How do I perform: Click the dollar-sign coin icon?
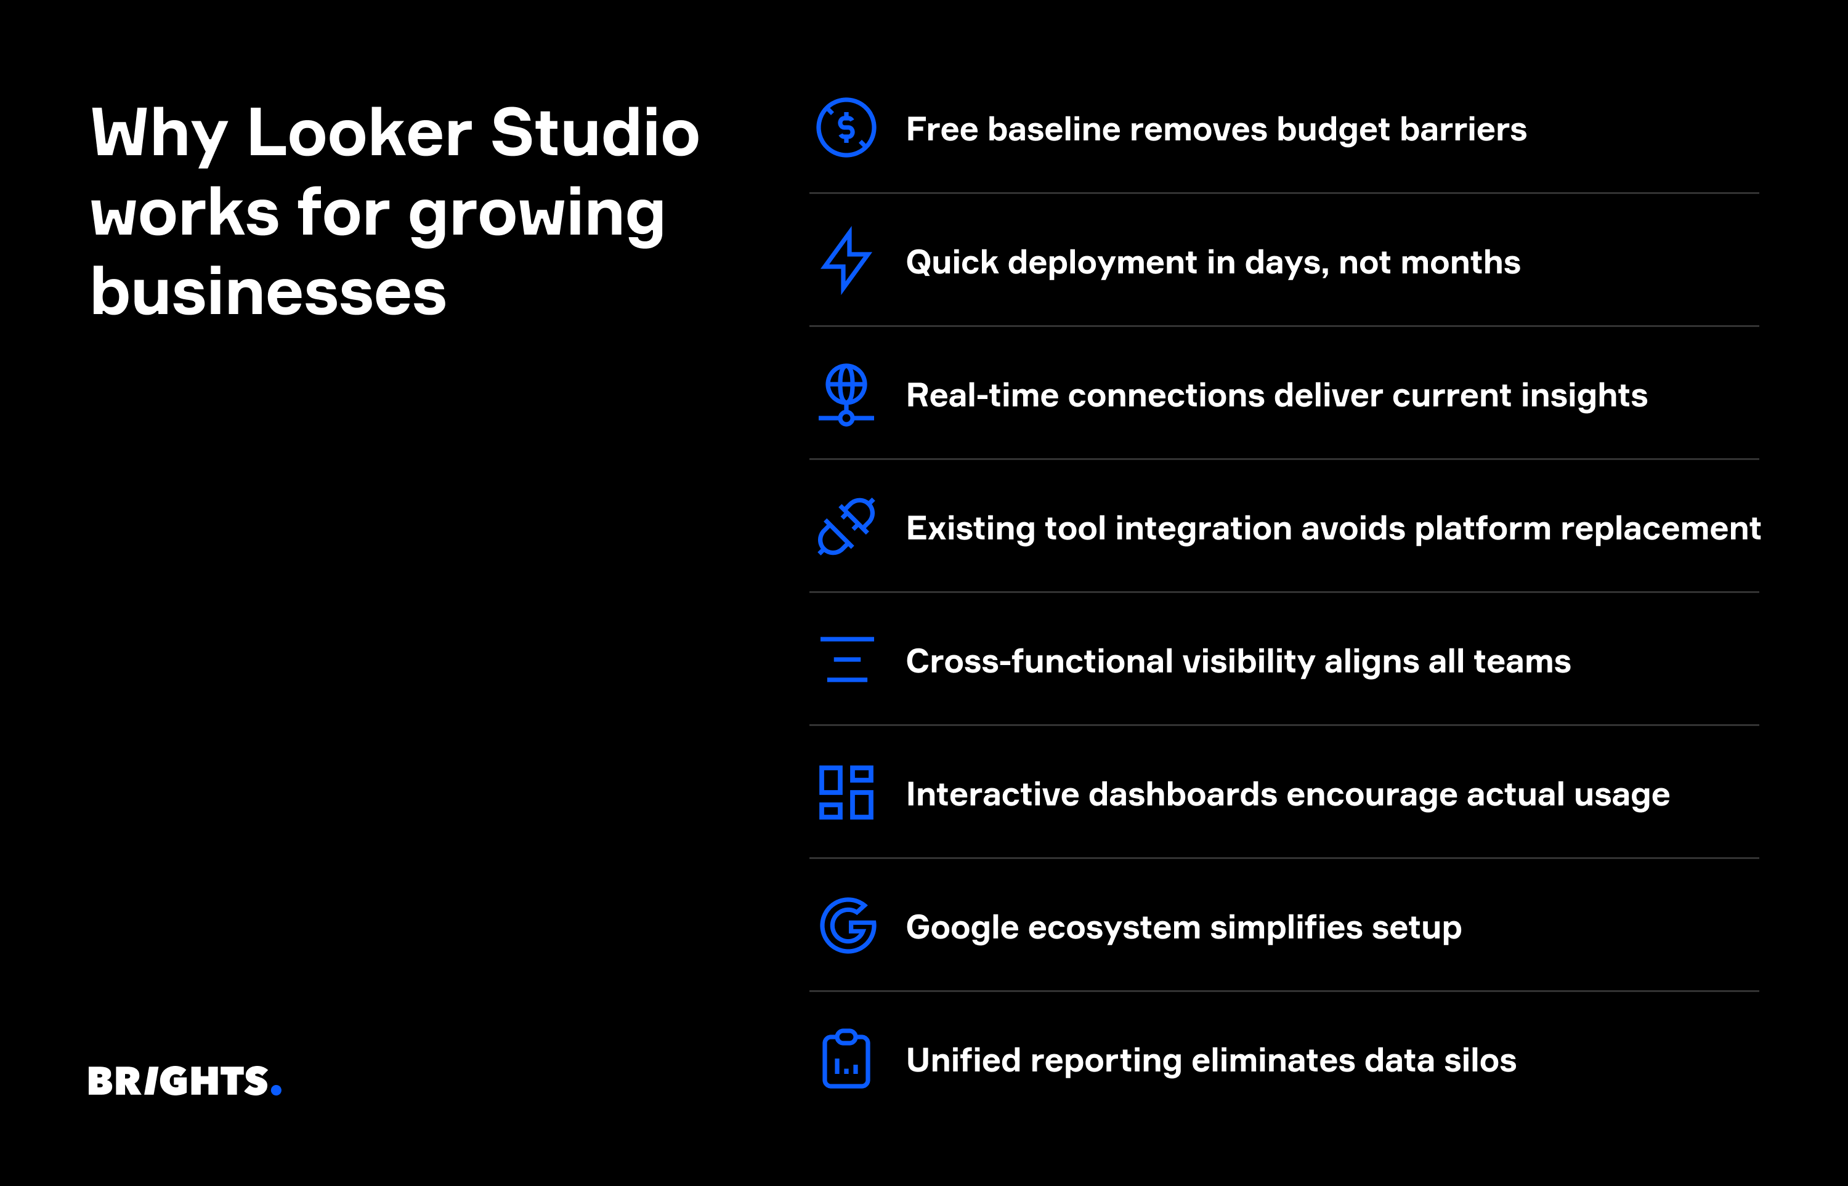coord(846,128)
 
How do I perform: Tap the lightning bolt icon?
coord(846,261)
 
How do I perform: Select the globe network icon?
coord(846,394)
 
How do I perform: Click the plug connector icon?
coord(846,526)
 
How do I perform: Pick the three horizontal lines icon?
coord(846,660)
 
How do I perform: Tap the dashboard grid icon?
coord(846,793)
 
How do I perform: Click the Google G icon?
coord(848,926)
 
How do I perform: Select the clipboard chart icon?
coord(846,1059)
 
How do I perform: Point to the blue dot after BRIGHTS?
coord(277,1090)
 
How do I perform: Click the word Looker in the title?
coord(359,133)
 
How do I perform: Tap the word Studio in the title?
coord(594,133)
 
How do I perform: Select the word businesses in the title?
coord(268,292)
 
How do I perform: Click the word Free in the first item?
coord(942,129)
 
